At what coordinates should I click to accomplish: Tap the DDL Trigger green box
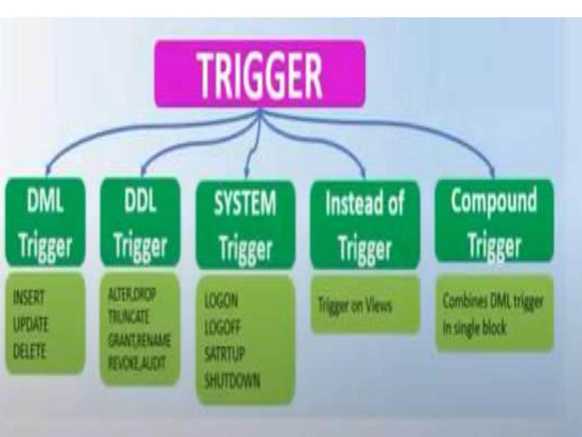coord(140,222)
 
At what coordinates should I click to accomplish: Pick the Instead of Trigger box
coord(365,225)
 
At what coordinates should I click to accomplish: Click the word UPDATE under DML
coord(31,324)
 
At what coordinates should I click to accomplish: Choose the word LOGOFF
coord(223,327)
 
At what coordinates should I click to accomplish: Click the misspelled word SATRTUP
coord(225,354)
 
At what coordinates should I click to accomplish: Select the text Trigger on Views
coord(355,306)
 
